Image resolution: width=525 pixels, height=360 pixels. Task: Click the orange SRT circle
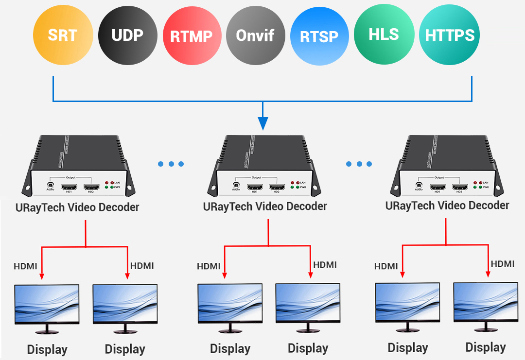[63, 35]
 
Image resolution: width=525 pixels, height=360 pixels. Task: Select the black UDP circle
[127, 35]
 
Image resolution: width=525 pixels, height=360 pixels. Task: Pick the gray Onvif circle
[255, 35]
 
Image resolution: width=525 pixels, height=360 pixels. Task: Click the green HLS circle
[384, 35]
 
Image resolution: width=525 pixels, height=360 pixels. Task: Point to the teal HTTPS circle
[450, 35]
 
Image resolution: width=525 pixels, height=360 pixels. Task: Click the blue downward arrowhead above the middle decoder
[262, 124]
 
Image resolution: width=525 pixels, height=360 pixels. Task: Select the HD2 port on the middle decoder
[277, 187]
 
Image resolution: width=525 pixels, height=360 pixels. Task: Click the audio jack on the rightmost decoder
[418, 185]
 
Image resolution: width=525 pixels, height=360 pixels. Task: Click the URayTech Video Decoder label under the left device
[77, 207]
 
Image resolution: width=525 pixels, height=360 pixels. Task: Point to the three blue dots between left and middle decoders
[171, 164]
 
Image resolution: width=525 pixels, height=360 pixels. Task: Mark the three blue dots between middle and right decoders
[359, 164]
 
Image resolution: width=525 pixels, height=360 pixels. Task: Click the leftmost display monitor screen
[47, 304]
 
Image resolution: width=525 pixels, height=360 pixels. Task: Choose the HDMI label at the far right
[503, 264]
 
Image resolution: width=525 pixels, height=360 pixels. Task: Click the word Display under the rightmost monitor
[486, 347]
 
